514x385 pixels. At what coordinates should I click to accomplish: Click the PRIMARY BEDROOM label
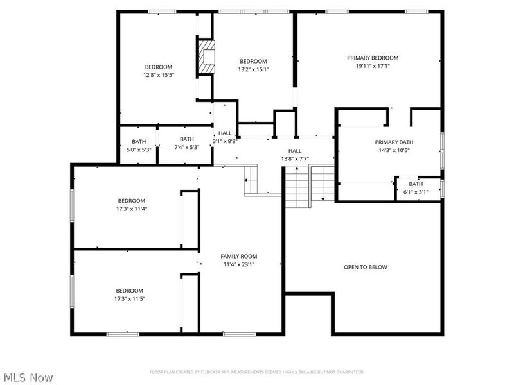click(373, 58)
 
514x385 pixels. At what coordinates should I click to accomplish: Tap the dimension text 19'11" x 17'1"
click(373, 65)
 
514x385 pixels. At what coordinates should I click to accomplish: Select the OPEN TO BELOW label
click(365, 267)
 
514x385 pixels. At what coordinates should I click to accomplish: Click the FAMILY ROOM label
click(239, 256)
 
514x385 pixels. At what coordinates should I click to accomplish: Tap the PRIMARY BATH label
click(394, 142)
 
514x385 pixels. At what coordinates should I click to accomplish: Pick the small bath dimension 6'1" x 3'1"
click(416, 191)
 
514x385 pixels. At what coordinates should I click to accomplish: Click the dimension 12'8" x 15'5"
click(158, 75)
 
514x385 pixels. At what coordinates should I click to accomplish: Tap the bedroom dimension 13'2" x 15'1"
click(253, 69)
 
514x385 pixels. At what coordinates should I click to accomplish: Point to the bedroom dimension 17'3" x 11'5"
click(129, 298)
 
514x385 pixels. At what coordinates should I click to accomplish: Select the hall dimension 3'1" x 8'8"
click(225, 141)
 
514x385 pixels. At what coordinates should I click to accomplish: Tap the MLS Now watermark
click(28, 377)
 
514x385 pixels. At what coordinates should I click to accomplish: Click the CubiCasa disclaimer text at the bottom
click(257, 372)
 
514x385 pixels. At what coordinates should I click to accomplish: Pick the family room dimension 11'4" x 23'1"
click(239, 264)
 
